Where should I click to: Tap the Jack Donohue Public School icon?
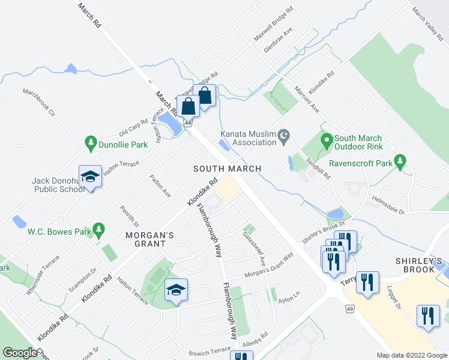pos(90,176)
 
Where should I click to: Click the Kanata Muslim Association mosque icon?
pos(285,137)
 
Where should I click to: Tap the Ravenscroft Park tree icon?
pos(400,162)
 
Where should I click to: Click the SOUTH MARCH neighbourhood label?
pos(228,169)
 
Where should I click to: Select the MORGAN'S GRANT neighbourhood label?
pos(150,235)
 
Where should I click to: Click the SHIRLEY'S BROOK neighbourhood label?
pos(419,265)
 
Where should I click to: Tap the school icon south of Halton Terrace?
pos(176,290)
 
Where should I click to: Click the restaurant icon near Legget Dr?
pos(427,315)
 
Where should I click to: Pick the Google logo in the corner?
pos(20,353)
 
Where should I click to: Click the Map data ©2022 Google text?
pos(412,355)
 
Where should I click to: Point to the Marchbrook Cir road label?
pos(39,103)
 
